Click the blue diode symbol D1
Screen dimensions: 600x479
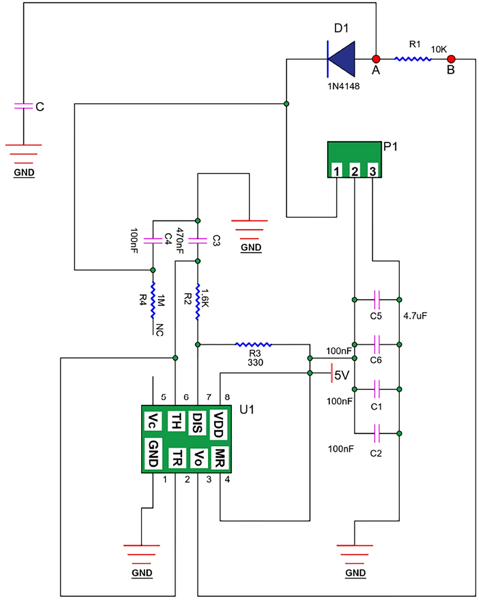[341, 58]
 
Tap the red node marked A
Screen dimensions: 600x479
[376, 58]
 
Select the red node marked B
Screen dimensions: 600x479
[450, 58]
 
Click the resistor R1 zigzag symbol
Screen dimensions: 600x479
[413, 59]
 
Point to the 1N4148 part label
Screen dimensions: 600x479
[344, 86]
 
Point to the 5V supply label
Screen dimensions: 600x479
[342, 375]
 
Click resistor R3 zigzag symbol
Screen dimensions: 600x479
[253, 344]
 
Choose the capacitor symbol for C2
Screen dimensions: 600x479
[377, 433]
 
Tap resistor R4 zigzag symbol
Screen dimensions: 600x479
[153, 301]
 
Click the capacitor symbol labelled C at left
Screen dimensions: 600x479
[22, 106]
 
